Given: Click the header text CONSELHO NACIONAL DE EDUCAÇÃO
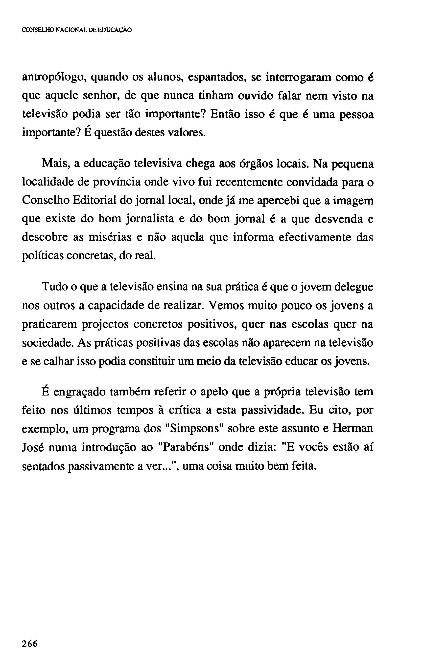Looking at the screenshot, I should pyautogui.click(x=76, y=30).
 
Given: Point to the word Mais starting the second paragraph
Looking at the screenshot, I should pyautogui.click(x=55, y=164).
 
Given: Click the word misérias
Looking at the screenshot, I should pyautogui.click(x=110, y=237).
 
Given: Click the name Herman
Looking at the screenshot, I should pyautogui.click(x=352, y=429).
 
